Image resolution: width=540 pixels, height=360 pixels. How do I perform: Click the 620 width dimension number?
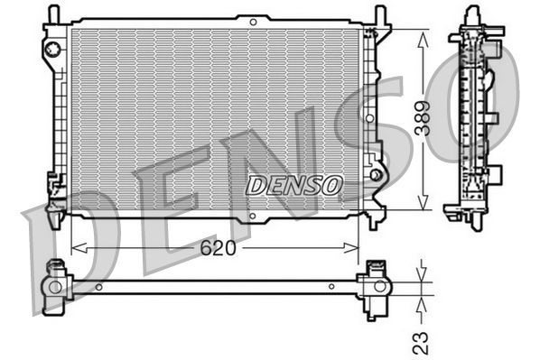click(x=217, y=247)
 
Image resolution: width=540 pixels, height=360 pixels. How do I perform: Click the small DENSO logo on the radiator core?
click(x=295, y=185)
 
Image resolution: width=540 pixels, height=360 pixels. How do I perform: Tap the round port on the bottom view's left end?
click(x=55, y=288)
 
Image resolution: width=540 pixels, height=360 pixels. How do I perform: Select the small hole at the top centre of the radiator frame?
click(x=253, y=20)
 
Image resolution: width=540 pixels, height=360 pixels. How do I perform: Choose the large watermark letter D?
click(x=63, y=262)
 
